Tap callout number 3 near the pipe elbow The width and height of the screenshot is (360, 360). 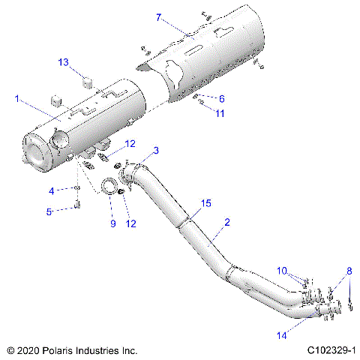(155, 151)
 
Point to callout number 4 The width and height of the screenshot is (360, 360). (52, 190)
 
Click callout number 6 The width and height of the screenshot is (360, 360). (221, 98)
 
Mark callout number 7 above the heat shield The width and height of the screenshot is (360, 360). (158, 16)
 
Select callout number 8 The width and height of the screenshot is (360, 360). (347, 271)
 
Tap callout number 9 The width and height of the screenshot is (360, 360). (113, 223)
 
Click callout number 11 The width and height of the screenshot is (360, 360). (220, 113)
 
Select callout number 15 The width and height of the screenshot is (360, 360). (205, 203)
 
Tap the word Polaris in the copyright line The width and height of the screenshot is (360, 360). (59, 350)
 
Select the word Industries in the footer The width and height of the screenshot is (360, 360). (98, 350)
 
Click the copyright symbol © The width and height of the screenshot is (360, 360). (10, 350)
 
